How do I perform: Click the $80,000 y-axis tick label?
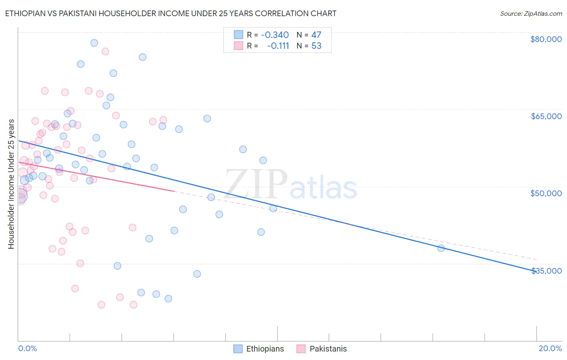(546, 39)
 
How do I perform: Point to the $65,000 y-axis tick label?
(546, 116)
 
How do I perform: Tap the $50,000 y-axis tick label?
(546, 193)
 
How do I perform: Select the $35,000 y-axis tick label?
(546, 271)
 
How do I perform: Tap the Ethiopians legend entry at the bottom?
(259, 349)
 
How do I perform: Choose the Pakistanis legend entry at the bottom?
(322, 349)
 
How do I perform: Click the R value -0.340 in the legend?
(275, 35)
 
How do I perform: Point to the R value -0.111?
(278, 46)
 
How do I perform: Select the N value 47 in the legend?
(316, 35)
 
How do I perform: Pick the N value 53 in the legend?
(316, 46)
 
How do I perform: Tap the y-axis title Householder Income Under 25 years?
(11, 184)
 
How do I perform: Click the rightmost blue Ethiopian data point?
(441, 248)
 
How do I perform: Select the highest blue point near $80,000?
(94, 43)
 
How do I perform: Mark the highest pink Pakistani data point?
(105, 51)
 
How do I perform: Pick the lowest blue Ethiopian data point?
(168, 299)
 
